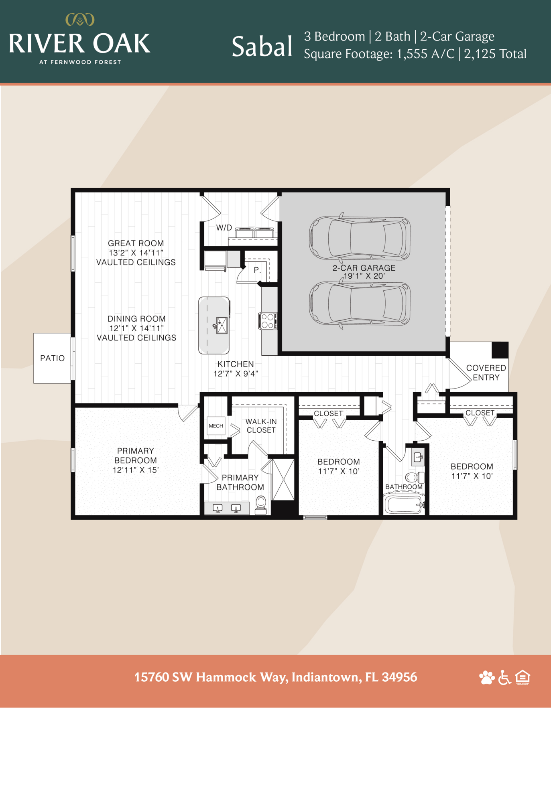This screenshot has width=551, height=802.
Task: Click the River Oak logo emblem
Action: coord(80,20)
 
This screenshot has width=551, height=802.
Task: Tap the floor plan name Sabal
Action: coord(262,47)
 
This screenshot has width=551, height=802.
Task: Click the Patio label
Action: coord(52,358)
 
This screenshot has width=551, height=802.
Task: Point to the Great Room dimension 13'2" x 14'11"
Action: coord(136,253)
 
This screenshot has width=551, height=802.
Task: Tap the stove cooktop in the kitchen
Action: coord(268,321)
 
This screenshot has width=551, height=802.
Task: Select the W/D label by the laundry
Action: coord(224,228)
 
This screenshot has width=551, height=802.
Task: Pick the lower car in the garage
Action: coord(360,304)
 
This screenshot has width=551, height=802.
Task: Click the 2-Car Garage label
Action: coord(364,268)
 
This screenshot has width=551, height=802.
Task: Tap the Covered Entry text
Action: coord(486,373)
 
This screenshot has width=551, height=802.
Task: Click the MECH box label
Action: coord(216,426)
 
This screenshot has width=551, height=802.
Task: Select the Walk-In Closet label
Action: coord(261,426)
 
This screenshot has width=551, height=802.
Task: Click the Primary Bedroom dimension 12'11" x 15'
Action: coord(136,470)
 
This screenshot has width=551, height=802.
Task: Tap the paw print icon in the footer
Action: coord(486,677)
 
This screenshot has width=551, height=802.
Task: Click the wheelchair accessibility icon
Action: coord(504,677)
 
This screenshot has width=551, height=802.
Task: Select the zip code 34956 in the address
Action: coord(399,677)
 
